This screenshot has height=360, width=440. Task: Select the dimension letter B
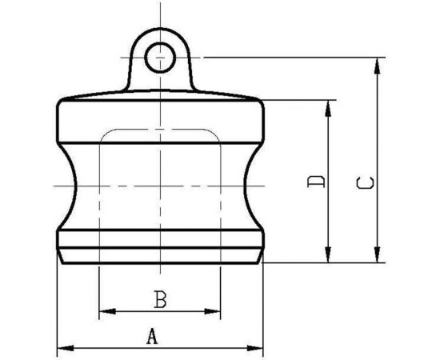(x=159, y=300)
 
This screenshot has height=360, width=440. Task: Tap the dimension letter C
(x=365, y=183)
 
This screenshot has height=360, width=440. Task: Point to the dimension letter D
(x=317, y=182)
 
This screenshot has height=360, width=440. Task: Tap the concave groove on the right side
(x=249, y=185)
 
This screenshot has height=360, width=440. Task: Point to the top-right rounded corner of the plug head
(x=258, y=105)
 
